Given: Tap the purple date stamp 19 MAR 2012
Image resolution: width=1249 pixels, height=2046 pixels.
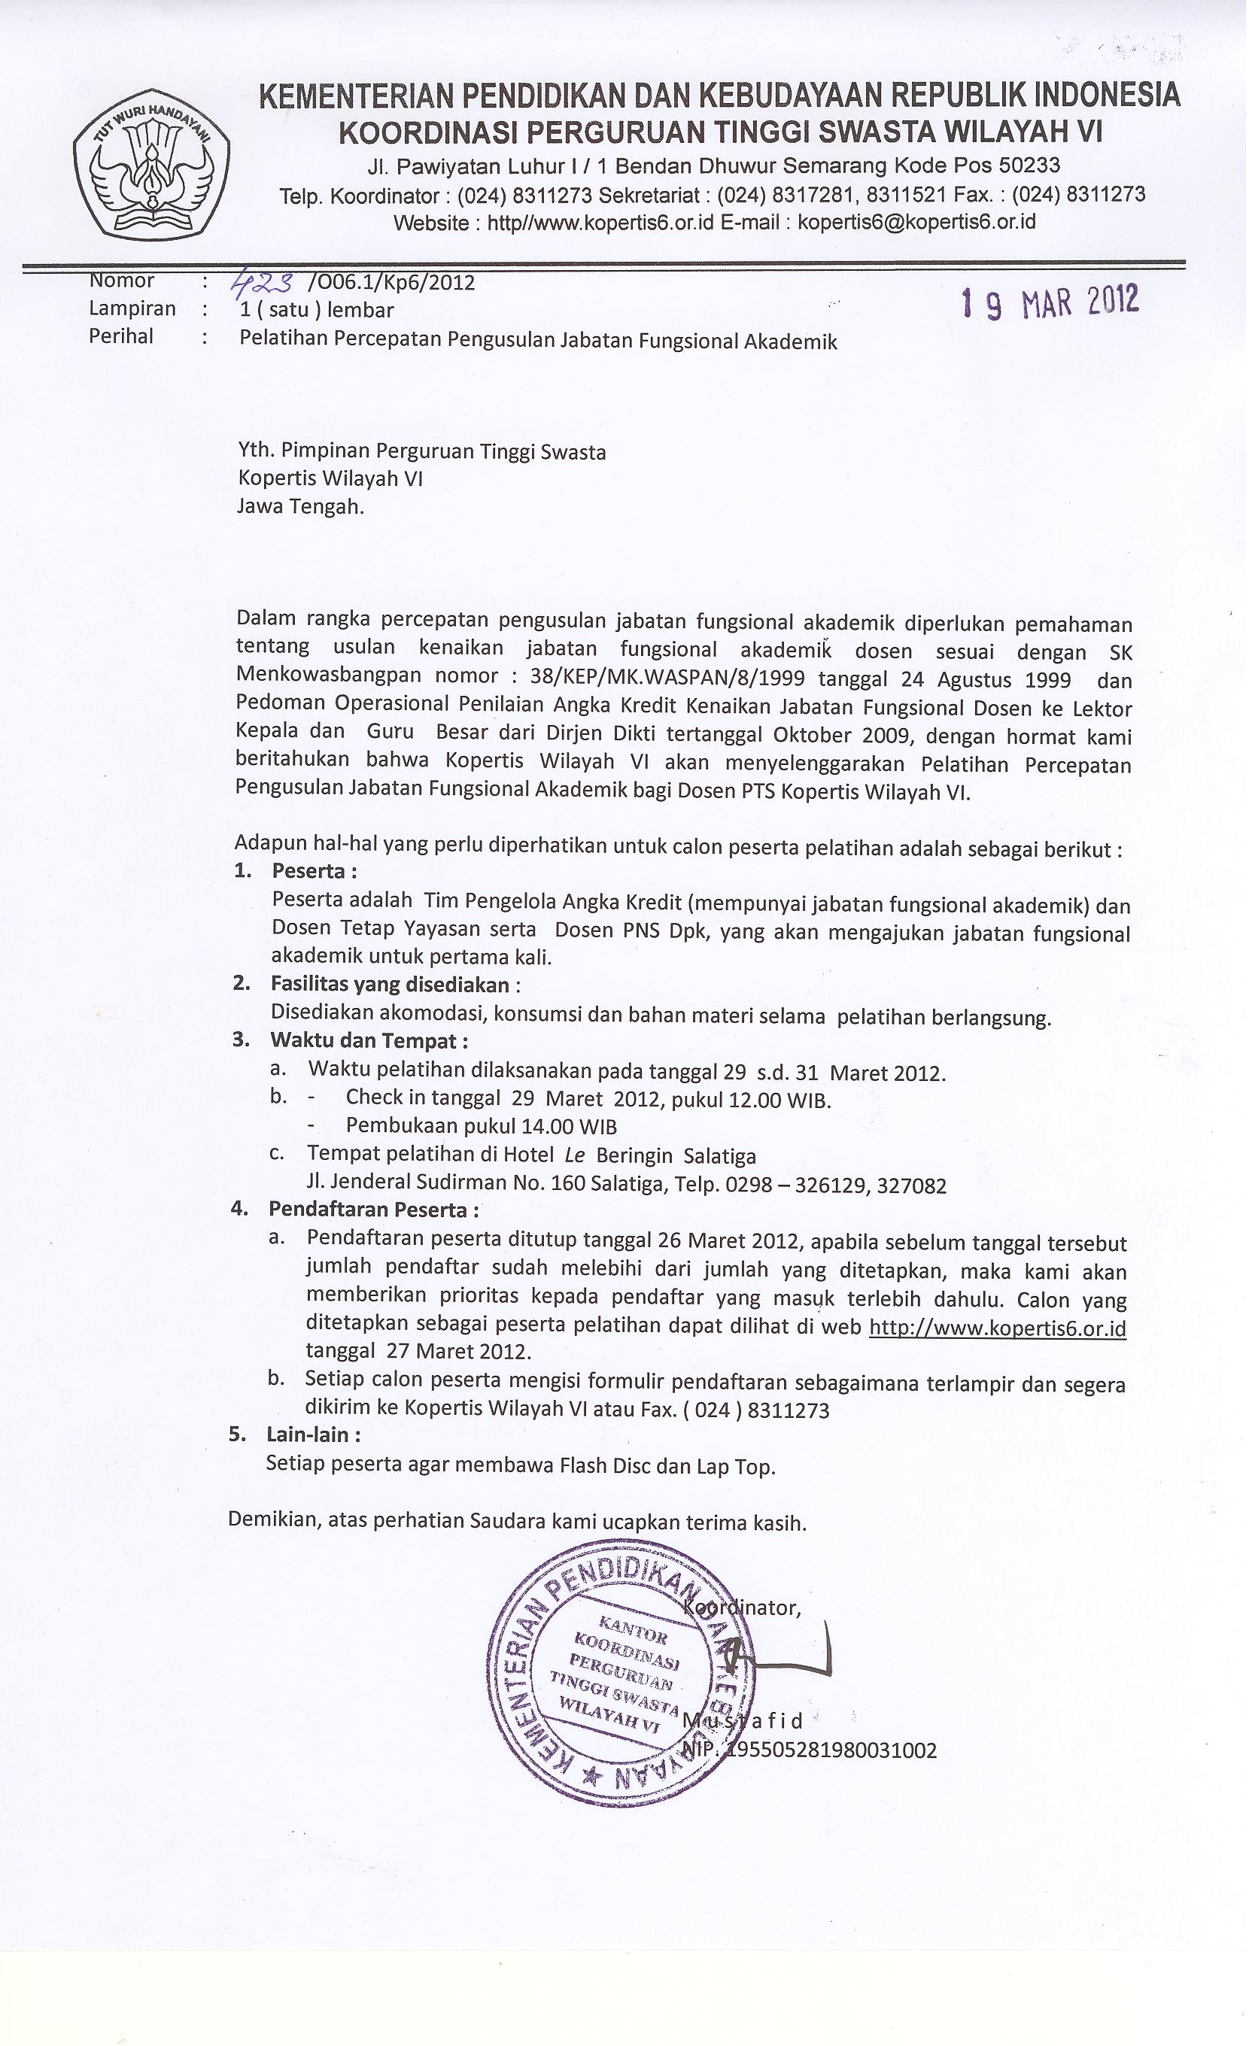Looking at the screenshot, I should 1050,303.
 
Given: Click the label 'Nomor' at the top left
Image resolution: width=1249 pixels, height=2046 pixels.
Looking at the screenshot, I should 121,281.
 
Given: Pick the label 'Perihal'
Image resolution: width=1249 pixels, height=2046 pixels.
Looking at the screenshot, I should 121,336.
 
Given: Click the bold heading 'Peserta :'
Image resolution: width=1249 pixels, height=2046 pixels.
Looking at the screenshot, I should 314,871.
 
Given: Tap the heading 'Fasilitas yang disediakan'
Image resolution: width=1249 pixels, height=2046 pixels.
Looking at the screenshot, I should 391,985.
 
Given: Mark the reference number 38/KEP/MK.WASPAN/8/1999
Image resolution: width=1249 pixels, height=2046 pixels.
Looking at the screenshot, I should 667,678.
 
